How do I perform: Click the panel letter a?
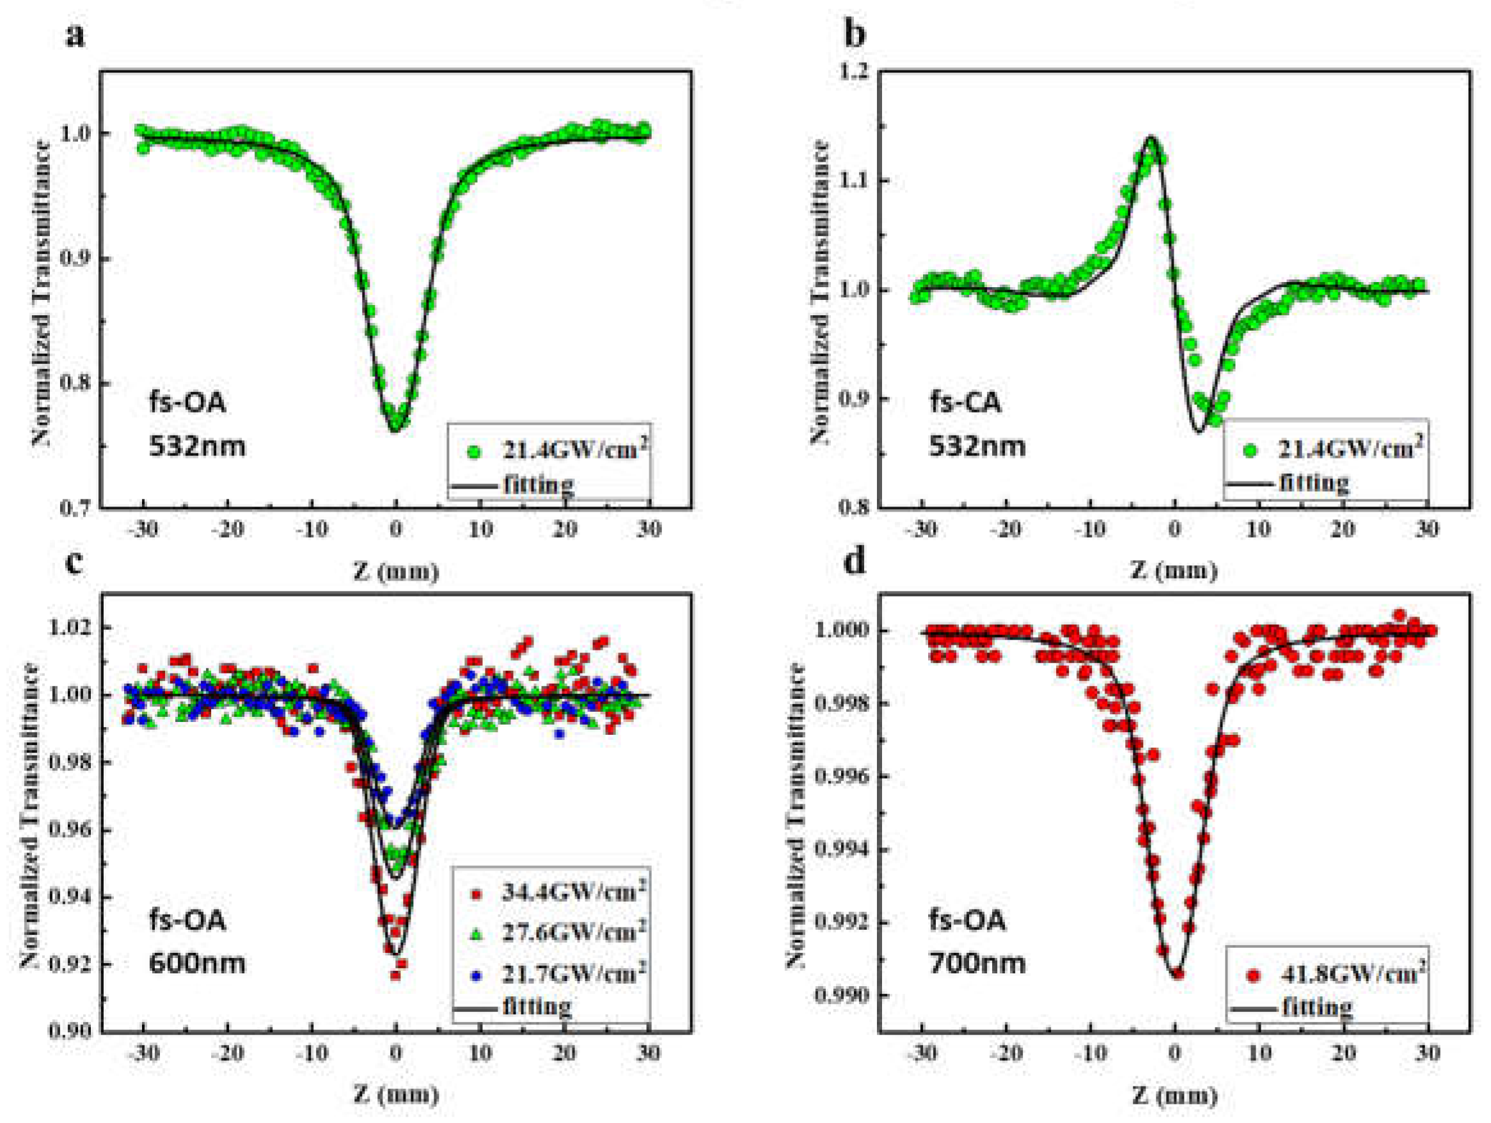[75, 35]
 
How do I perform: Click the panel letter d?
[855, 561]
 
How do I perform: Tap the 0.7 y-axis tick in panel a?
[76, 508]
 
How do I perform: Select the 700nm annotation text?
[977, 962]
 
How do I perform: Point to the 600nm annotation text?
[197, 962]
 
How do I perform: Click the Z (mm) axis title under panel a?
[396, 572]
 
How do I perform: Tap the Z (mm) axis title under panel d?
[1174, 1095]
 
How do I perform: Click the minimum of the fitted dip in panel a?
[396, 429]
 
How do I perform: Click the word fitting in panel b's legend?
[1314, 483]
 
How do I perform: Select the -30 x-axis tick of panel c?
[143, 1053]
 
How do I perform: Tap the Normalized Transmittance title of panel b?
[820, 290]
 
